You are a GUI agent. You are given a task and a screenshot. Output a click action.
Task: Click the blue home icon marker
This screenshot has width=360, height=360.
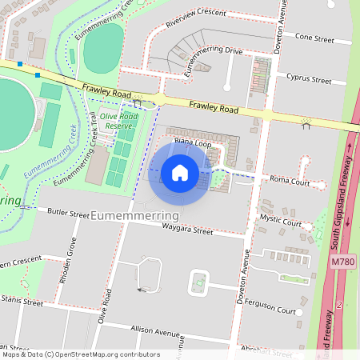pyautogui.click(x=180, y=173)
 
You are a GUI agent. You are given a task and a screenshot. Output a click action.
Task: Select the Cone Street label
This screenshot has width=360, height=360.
pyautogui.click(x=314, y=37)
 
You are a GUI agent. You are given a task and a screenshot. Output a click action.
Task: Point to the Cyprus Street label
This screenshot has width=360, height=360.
pyautogui.click(x=309, y=80)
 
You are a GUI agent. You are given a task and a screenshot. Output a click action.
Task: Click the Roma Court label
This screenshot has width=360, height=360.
pyautogui.click(x=290, y=181)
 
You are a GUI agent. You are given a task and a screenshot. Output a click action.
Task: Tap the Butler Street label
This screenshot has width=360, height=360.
pyautogui.click(x=68, y=214)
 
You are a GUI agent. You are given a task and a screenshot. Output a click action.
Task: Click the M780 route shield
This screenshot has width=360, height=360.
pyautogui.click(x=342, y=261)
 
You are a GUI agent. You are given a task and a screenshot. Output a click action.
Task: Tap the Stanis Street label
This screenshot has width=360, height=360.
pyautogui.click(x=21, y=302)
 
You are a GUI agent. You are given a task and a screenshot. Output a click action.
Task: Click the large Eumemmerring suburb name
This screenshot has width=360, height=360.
pyautogui.click(x=136, y=216)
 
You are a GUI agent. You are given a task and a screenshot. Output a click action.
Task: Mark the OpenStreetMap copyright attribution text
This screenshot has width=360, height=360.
pyautogui.click(x=80, y=354)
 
